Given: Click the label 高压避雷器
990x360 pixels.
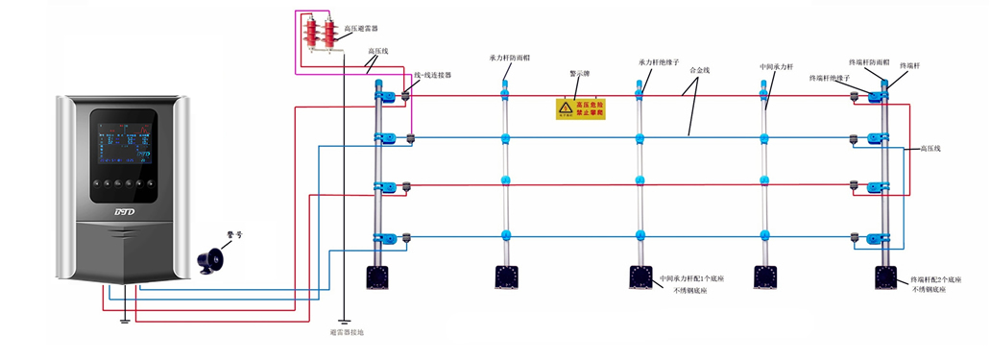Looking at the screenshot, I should click(x=360, y=30).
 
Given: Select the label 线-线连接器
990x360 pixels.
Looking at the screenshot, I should click(x=432, y=76).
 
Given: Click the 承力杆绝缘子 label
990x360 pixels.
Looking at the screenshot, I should click(x=658, y=62).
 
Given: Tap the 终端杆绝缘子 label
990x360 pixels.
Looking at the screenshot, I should click(x=831, y=77).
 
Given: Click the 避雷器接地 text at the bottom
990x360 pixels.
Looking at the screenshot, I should click(x=346, y=332).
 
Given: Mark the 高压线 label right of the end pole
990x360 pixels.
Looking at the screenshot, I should click(x=935, y=149).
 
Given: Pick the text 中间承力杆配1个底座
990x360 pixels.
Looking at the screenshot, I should click(x=693, y=278).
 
